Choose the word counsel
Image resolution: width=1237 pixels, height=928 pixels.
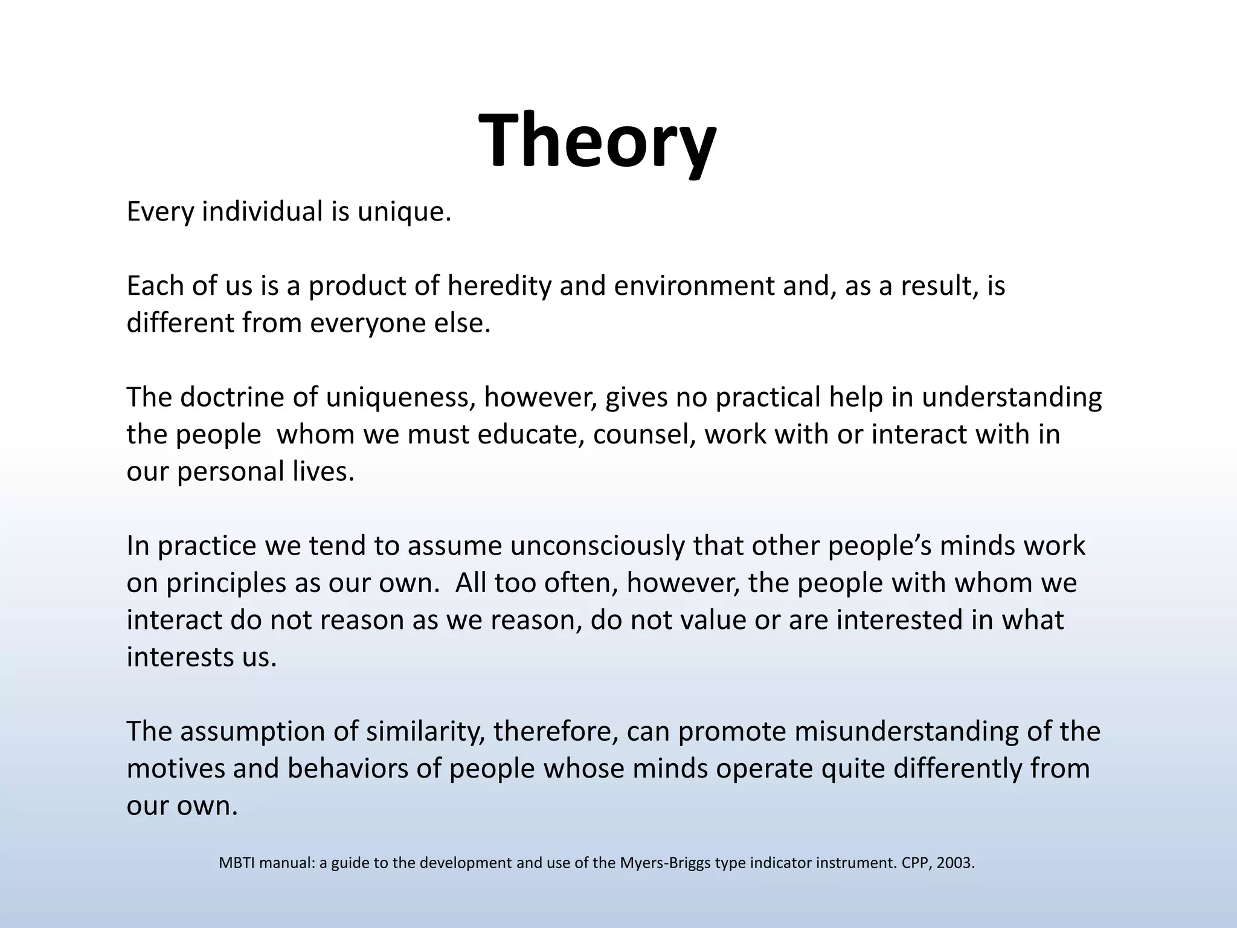(643, 434)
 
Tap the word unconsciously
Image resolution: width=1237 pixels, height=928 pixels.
(598, 546)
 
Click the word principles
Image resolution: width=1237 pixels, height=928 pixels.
(226, 584)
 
